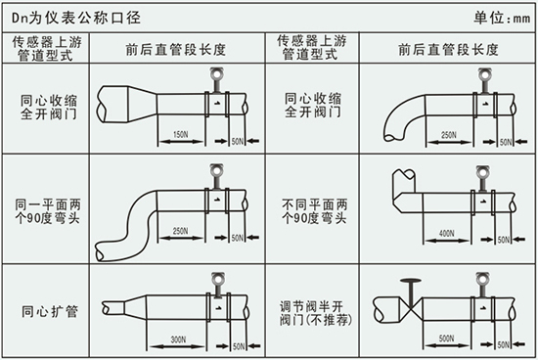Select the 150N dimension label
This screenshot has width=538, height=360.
coord(179,133)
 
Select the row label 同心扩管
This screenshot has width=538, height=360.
coord(47,310)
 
